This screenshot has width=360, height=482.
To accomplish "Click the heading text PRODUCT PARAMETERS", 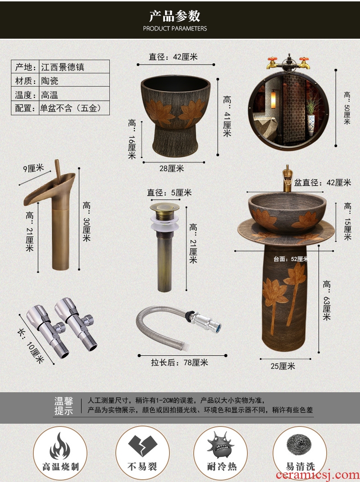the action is click(x=175, y=29).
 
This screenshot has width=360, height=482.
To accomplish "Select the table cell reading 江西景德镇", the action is click(x=74, y=67).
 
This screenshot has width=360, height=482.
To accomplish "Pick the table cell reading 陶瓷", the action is click(x=74, y=80).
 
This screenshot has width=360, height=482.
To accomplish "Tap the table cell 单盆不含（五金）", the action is click(x=74, y=108).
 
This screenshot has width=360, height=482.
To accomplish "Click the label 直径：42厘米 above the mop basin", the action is click(x=173, y=57).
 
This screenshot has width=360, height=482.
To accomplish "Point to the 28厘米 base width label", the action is click(x=171, y=169).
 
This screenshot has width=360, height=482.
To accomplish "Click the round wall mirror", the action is click(x=288, y=111).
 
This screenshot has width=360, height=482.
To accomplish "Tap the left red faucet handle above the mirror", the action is click(x=272, y=59).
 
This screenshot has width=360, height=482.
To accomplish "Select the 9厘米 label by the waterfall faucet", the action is click(x=34, y=168).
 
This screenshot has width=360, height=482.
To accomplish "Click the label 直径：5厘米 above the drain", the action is click(x=170, y=193).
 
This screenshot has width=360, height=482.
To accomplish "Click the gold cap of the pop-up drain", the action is click(x=165, y=207).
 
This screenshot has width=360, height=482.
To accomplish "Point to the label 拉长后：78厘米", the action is click(x=179, y=363).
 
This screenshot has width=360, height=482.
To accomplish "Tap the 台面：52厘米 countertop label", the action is click(x=291, y=259).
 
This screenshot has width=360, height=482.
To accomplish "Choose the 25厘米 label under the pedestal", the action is click(x=283, y=366).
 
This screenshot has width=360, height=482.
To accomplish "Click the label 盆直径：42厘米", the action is click(x=323, y=183).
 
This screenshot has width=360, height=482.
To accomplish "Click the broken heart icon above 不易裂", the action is click(x=143, y=446).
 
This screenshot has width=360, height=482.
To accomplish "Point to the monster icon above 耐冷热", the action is click(x=221, y=445).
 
